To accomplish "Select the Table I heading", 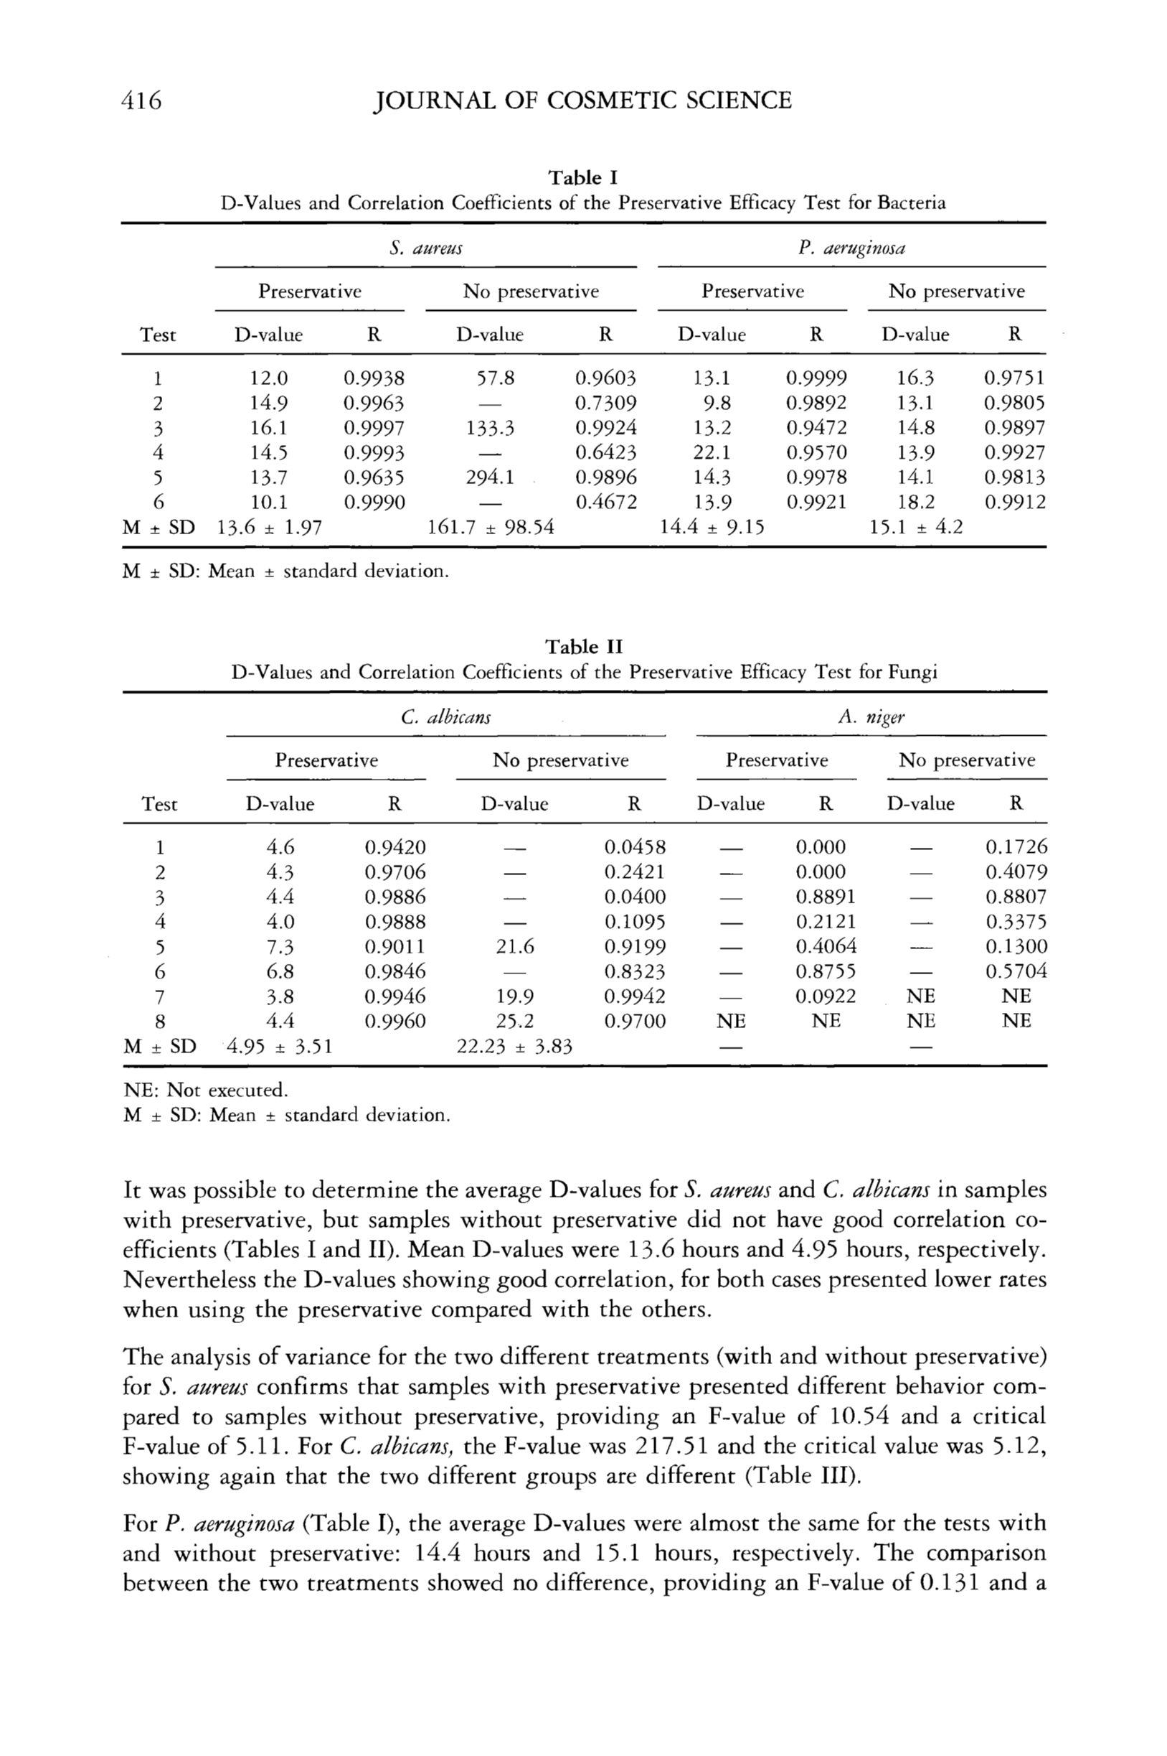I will point(582,177).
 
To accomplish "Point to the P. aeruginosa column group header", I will point(851,248).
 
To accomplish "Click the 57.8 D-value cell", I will point(495,378).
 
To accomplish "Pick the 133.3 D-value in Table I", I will point(491,428).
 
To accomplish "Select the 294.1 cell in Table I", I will point(491,477).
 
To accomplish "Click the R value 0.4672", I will point(606,503).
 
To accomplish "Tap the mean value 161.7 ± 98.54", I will point(491,527).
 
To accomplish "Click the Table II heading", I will point(584,646).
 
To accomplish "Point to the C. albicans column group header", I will point(445,717).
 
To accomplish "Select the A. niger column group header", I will point(871,717).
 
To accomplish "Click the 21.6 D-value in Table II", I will point(515,946).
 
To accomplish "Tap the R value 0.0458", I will point(634,846).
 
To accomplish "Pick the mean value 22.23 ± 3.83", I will point(514,1047).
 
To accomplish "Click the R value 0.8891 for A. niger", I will point(826,897).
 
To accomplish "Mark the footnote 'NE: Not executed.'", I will point(205,1091).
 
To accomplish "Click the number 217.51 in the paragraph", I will point(674,1445).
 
